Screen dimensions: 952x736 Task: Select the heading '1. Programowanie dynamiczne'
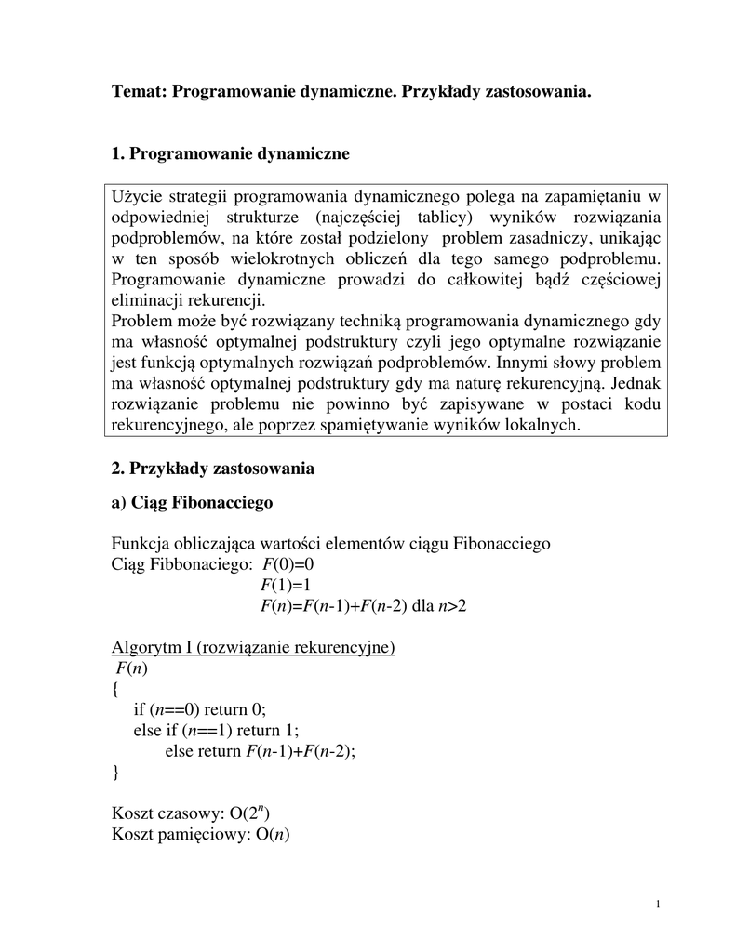[x=230, y=153]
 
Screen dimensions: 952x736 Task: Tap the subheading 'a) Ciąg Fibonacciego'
[x=192, y=503]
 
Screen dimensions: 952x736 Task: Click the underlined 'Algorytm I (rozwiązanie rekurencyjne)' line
[x=253, y=647]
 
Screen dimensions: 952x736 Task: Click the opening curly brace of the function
[x=114, y=689]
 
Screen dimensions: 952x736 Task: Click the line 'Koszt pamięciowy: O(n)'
[x=201, y=834]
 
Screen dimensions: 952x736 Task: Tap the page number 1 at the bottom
[x=658, y=905]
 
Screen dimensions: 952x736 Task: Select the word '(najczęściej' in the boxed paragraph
[x=355, y=218]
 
